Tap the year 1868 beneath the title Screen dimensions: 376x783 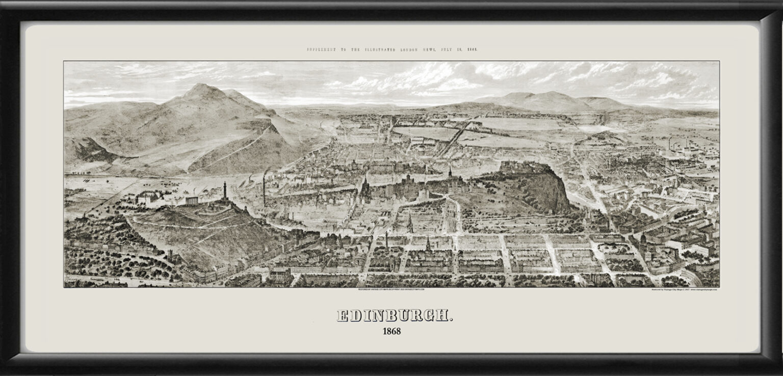tap(391, 331)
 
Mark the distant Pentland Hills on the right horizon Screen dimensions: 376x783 tap(551, 99)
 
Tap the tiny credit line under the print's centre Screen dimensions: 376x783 tap(391, 289)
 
